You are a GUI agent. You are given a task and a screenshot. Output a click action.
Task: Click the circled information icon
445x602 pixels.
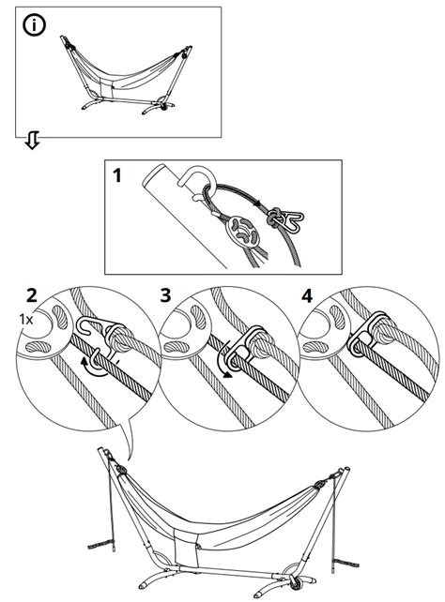pyautogui.click(x=34, y=25)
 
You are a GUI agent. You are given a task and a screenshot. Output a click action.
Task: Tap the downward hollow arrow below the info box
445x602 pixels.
pyautogui.click(x=32, y=140)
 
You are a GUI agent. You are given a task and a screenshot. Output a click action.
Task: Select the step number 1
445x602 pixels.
pyautogui.click(x=116, y=176)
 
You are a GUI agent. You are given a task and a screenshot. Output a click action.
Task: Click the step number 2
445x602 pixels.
pyautogui.click(x=32, y=296)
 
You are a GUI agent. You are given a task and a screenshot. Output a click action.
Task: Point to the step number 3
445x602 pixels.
pyautogui.click(x=165, y=295)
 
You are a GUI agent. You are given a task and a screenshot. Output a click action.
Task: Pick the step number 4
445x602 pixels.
pyautogui.click(x=307, y=296)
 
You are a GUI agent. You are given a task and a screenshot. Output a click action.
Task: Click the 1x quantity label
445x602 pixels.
pyautogui.click(x=26, y=320)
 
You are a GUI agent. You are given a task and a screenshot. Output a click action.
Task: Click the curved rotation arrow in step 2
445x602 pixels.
pyautogui.click(x=92, y=366)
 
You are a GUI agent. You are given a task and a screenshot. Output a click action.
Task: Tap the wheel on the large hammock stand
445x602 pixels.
pyautogui.click(x=296, y=585)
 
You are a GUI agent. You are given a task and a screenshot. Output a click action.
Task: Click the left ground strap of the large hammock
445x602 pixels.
pyautogui.click(x=100, y=544)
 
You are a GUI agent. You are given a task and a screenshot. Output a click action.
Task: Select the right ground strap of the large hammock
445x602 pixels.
pyautogui.click(x=345, y=563)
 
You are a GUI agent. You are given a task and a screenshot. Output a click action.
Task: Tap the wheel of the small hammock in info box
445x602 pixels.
pyautogui.click(x=164, y=107)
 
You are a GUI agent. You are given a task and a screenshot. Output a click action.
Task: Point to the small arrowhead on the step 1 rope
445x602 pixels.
pyautogui.click(x=255, y=203)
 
